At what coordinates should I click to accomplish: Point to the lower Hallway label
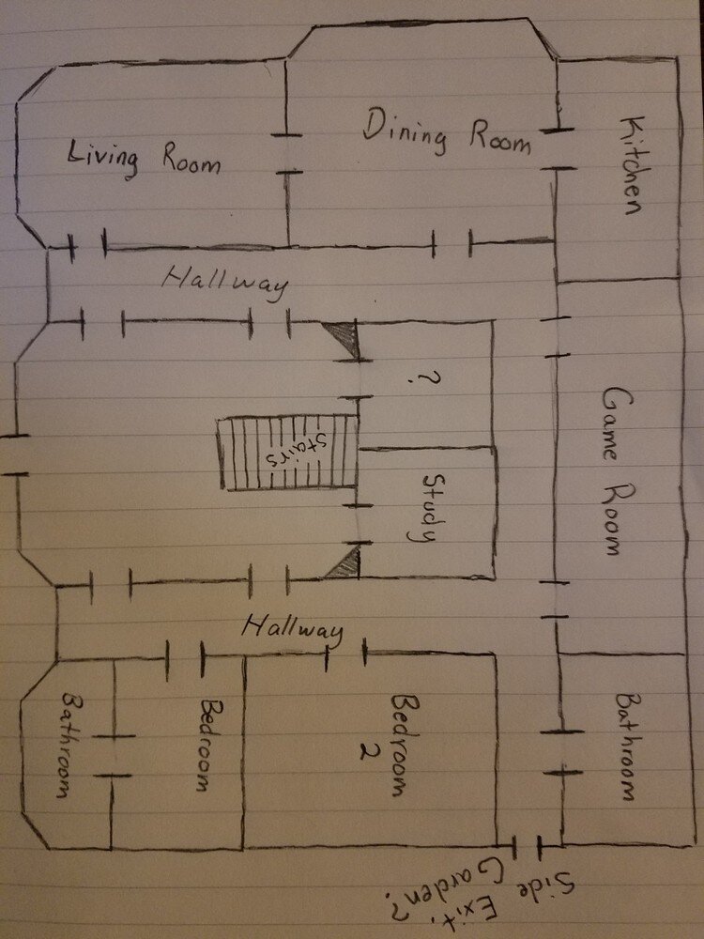(x=290, y=627)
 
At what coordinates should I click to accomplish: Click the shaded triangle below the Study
(x=344, y=563)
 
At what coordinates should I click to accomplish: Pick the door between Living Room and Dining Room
(x=287, y=154)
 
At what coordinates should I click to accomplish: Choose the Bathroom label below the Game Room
(x=629, y=747)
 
